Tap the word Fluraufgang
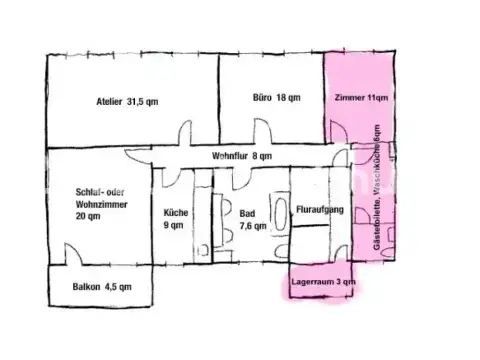point(320,211)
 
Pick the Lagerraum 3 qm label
point(323,284)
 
